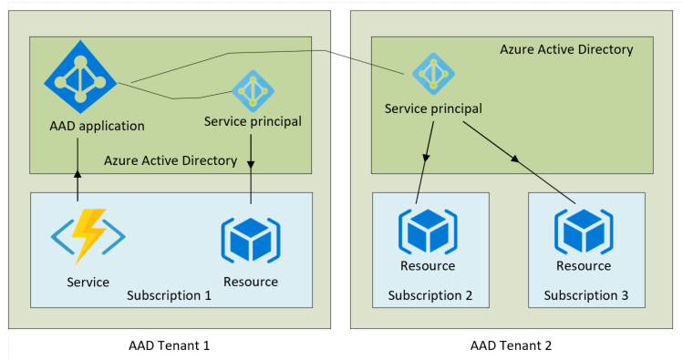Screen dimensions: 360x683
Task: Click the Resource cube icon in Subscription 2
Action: (428, 231)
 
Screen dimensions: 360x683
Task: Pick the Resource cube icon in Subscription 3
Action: (584, 231)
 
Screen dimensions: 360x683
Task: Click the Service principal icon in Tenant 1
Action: (252, 90)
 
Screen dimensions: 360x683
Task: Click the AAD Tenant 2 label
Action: (511, 345)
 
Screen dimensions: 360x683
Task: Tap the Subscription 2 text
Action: (429, 295)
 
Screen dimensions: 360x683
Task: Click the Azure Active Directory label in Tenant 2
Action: (566, 49)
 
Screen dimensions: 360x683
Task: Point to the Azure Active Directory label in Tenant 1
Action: (171, 160)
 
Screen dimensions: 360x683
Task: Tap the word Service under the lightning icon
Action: (88, 283)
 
